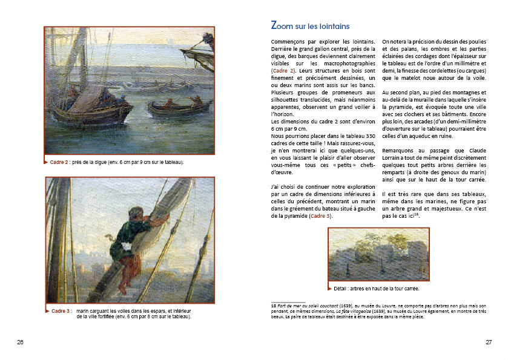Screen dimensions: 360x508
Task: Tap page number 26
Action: coord(20,342)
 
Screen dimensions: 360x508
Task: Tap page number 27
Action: coord(488,342)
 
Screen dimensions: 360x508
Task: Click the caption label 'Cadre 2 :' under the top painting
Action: coord(61,162)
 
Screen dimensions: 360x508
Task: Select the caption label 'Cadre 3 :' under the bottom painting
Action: coord(61,310)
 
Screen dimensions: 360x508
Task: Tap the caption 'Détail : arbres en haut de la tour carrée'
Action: coord(379,289)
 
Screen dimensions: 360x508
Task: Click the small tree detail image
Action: coord(378,255)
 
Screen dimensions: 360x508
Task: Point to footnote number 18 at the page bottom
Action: coord(274,306)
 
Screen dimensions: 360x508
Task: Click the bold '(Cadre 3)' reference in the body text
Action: coord(320,215)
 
